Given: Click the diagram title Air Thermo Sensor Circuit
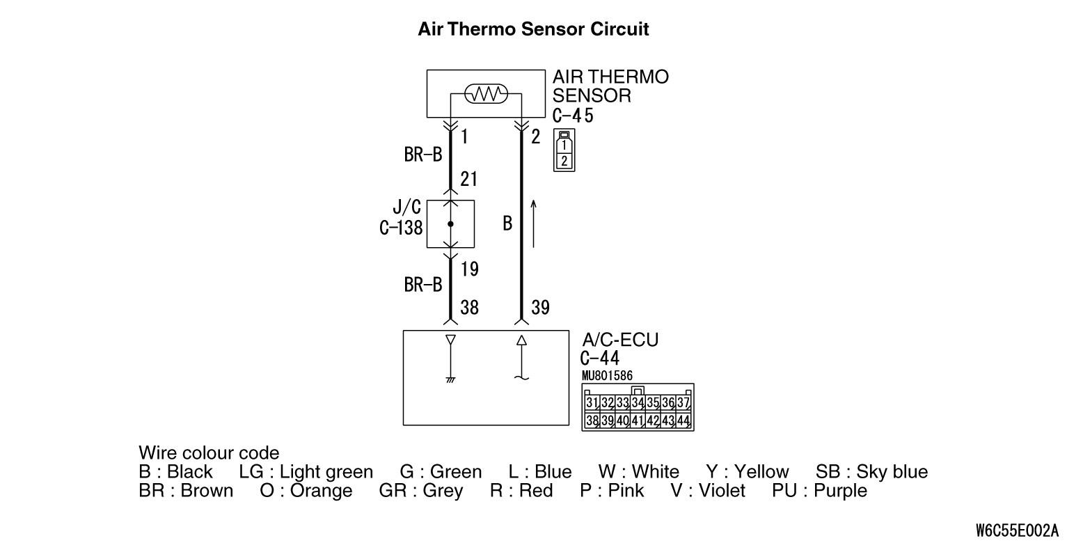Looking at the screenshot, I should pyautogui.click(x=533, y=29).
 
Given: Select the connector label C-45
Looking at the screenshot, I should pyautogui.click(x=573, y=116).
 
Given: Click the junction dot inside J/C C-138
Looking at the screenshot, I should pyautogui.click(x=450, y=224).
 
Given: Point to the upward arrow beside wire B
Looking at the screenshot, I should pyautogui.click(x=533, y=223).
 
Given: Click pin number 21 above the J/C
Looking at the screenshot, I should pyautogui.click(x=468, y=179).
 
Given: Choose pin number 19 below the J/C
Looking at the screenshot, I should pyautogui.click(x=469, y=269).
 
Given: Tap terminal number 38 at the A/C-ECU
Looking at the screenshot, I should pyautogui.click(x=469, y=307).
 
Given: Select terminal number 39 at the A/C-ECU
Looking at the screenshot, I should pyautogui.click(x=540, y=307).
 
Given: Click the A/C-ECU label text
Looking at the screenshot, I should pyautogui.click(x=619, y=340).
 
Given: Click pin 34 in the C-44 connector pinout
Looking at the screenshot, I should pyautogui.click(x=637, y=403).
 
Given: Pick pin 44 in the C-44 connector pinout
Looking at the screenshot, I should pyautogui.click(x=683, y=420).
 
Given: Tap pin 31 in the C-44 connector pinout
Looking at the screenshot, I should pyautogui.click(x=592, y=403).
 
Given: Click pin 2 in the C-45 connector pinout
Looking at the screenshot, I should pyautogui.click(x=564, y=162).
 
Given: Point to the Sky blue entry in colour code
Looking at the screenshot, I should pyautogui.click(x=871, y=472).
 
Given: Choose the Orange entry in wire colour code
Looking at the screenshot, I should pyautogui.click(x=306, y=491).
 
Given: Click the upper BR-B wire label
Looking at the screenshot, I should pyautogui.click(x=423, y=155).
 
